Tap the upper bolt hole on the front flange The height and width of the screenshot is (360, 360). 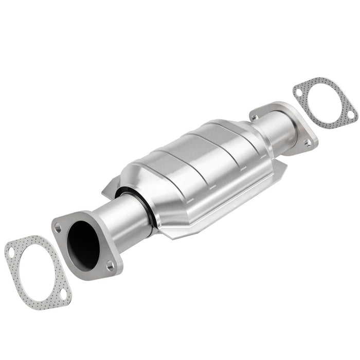(x=58, y=226)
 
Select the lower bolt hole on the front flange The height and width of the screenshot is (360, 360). (x=110, y=265)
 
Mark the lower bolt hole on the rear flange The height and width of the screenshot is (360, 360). (x=307, y=143)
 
